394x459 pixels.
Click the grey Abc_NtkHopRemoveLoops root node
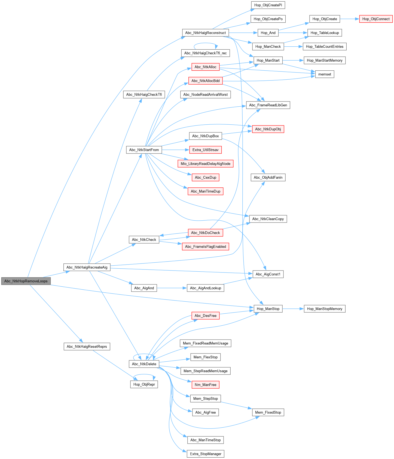tap(26, 281)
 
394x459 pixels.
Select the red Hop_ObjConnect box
tap(376, 19)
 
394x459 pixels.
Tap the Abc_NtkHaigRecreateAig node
tap(87, 267)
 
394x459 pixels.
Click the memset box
tap(325, 74)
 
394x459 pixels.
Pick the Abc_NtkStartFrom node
tap(144, 150)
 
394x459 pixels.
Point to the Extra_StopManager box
tap(206, 454)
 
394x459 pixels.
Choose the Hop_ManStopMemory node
tap(325, 309)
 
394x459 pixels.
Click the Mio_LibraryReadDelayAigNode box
tap(206, 164)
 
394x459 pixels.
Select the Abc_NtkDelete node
tap(144, 364)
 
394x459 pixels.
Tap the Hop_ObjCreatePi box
tap(268, 5)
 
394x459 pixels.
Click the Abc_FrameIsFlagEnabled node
tap(206, 247)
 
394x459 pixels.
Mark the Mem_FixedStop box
tap(268, 412)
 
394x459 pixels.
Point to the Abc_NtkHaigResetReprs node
tap(87, 347)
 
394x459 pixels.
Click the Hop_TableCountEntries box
tap(325, 47)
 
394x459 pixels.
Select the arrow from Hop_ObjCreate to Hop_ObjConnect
tap(350, 19)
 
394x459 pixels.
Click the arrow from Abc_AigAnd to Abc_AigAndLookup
tap(172, 288)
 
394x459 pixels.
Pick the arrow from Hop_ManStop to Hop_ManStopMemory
tap(293, 309)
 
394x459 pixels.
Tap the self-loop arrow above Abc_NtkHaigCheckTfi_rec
tap(206, 43)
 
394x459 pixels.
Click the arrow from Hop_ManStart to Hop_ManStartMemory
tap(293, 60)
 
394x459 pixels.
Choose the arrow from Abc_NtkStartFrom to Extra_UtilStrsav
tap(175, 150)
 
